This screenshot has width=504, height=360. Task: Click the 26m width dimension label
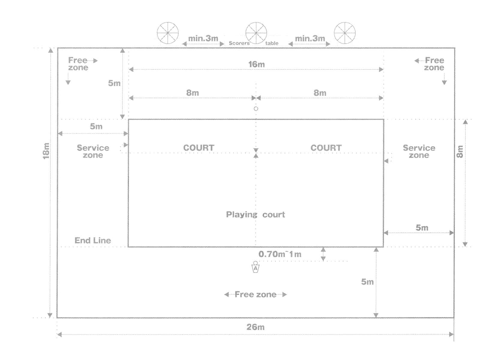pos(255,327)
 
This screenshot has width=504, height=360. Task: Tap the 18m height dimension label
pos(46,151)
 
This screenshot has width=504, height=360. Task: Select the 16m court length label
pos(256,64)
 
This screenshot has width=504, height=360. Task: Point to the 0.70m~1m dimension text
pos(280,254)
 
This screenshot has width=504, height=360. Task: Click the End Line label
pos(93,241)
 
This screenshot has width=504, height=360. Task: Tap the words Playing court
pos(255,215)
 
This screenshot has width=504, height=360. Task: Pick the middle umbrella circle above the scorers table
pos(256,33)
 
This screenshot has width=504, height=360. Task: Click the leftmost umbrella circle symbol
pos(168,33)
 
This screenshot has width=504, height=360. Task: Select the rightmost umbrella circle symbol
pos(345,33)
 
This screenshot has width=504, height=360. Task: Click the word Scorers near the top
pos(239,43)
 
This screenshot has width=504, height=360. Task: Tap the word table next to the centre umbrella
pos(272,43)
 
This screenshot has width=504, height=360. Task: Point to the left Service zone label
pos(93,151)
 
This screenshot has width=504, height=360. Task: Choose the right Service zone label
pos(419,151)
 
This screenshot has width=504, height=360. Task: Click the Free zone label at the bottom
pos(255,295)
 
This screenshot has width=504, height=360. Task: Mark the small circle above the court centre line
pos(256,109)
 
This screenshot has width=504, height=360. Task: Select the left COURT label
pos(199,148)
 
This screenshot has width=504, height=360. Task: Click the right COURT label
pos(326,148)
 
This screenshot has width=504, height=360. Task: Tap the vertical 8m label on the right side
pos(460,151)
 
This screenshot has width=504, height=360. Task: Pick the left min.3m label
pos(203,38)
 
